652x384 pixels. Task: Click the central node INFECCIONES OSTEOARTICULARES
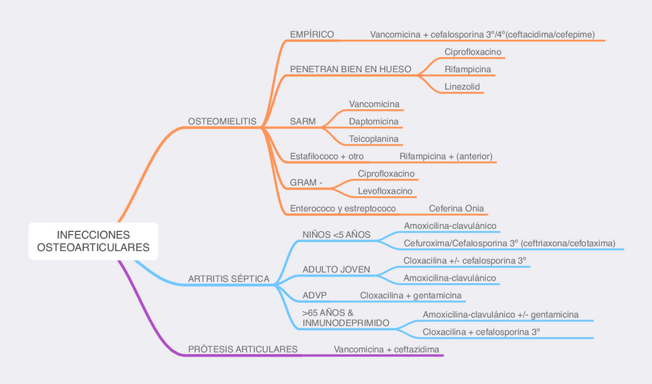click(93, 241)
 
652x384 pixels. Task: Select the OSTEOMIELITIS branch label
click(222, 121)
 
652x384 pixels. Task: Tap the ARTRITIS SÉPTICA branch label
click(229, 278)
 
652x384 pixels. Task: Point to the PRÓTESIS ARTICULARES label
click(243, 349)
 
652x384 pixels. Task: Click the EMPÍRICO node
click(311, 35)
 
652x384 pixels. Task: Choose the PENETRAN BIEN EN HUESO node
click(350, 69)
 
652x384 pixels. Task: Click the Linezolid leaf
click(462, 87)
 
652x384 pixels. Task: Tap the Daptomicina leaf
click(374, 121)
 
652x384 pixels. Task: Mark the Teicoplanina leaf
click(374, 139)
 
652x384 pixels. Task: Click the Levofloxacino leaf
click(386, 190)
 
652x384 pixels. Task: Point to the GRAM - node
click(307, 182)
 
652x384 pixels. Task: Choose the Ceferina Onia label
click(457, 208)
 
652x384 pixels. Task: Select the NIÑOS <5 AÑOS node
click(337, 234)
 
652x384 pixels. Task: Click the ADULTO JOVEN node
click(337, 270)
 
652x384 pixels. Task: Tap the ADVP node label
click(315, 295)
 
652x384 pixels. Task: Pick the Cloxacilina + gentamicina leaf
click(411, 295)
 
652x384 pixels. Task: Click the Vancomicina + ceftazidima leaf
click(387, 349)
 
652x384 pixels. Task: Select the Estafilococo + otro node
click(327, 157)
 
